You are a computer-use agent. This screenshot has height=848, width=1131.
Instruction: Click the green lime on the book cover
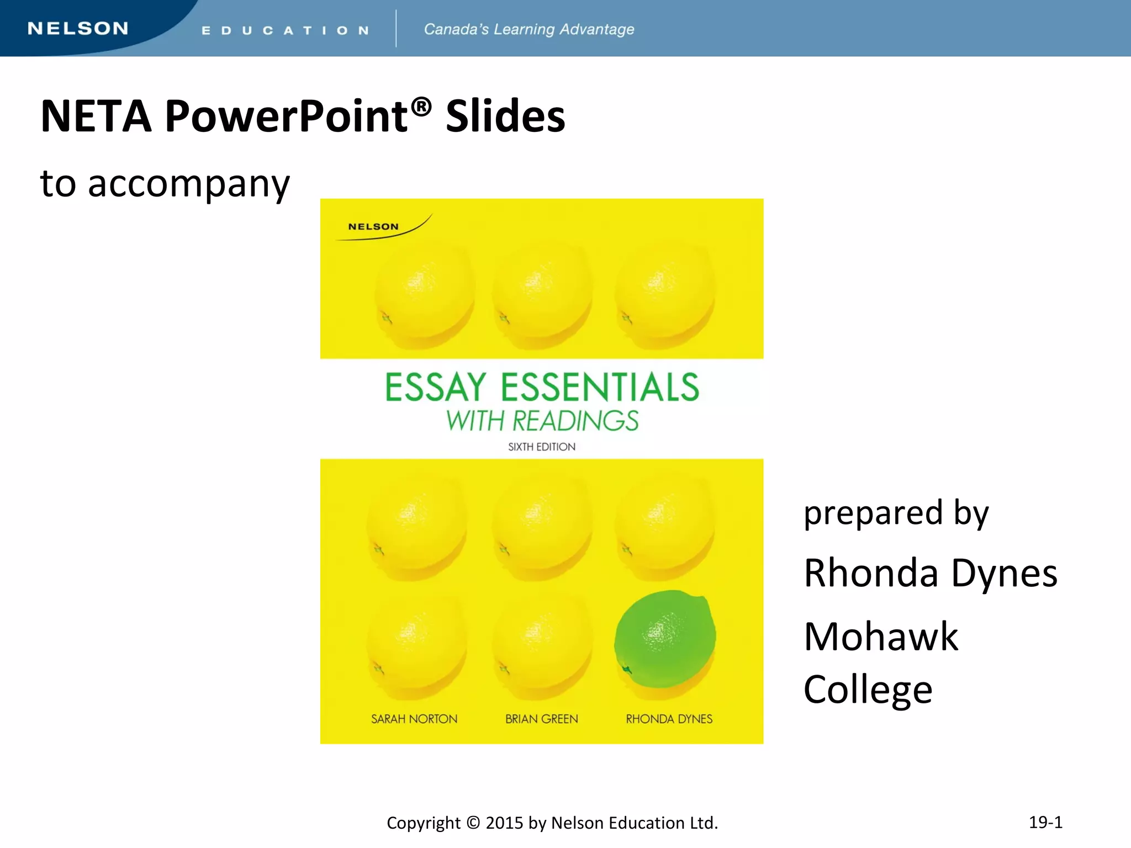coord(665,638)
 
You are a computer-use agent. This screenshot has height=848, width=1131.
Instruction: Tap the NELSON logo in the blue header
coord(78,29)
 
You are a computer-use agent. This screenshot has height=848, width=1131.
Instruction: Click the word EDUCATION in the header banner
coord(285,30)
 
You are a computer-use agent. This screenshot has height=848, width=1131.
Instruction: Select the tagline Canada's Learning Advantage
coord(528,29)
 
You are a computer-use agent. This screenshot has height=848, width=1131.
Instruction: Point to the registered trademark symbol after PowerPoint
coord(421,107)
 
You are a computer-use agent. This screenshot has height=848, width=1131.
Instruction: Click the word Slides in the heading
coord(505,116)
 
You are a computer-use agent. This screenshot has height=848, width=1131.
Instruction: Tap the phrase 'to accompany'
coord(165,183)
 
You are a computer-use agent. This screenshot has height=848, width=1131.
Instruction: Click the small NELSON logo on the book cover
coord(373,226)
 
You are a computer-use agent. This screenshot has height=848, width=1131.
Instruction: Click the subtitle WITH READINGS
coord(542,421)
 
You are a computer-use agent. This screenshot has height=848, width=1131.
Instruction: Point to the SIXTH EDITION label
coord(542,447)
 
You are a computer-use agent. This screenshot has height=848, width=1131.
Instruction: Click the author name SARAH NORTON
coord(414,719)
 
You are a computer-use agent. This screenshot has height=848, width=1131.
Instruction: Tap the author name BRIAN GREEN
coord(542,719)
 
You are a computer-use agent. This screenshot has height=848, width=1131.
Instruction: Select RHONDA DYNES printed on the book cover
coord(669,719)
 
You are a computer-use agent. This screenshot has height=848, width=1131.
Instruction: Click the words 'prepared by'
coord(896,513)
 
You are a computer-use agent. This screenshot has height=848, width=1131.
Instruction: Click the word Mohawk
coord(881,637)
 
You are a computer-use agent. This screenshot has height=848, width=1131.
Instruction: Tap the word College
coord(868,690)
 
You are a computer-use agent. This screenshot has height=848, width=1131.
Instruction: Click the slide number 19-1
coord(1045,822)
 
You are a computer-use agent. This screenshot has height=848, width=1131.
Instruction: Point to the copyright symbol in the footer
coord(473,823)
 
